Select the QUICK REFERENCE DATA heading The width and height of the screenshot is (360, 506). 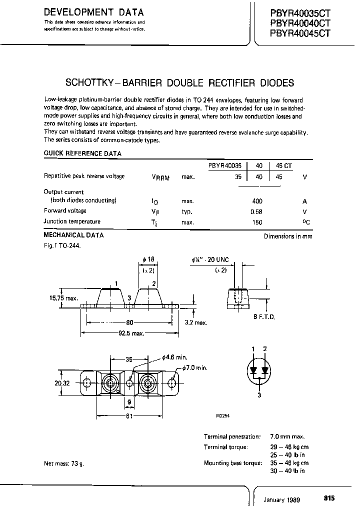pyautogui.click(x=82, y=153)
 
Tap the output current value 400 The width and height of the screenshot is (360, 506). pyautogui.click(x=257, y=200)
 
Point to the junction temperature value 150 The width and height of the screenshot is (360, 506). pyautogui.click(x=257, y=221)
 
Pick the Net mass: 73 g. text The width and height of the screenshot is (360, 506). pyautogui.click(x=64, y=463)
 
